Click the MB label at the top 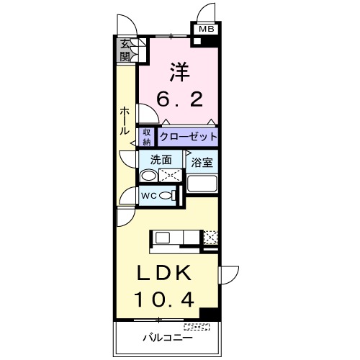pos(206,30)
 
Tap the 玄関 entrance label pos(126,50)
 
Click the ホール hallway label pos(125,122)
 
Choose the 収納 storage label pos(147,137)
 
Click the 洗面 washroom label pos(161,160)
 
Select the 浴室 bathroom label pos(202,162)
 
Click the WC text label pos(149,196)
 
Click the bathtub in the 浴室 pos(202,183)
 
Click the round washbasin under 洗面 pos(148,176)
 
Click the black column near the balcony pos(209,314)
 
